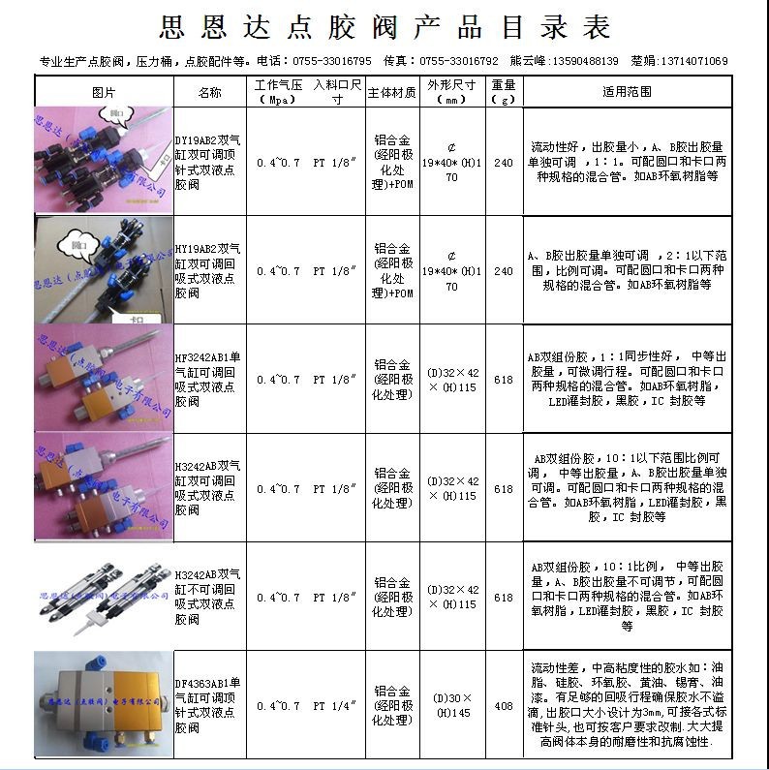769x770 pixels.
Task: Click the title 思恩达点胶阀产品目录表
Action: point(384,27)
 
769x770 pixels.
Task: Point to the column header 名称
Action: point(209,92)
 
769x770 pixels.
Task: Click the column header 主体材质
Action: point(391,92)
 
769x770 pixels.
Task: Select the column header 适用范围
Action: point(627,92)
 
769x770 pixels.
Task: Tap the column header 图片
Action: point(104,92)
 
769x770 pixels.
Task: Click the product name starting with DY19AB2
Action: point(209,161)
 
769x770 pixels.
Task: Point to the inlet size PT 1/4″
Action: point(336,706)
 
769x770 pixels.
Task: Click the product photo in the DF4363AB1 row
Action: point(104,704)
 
